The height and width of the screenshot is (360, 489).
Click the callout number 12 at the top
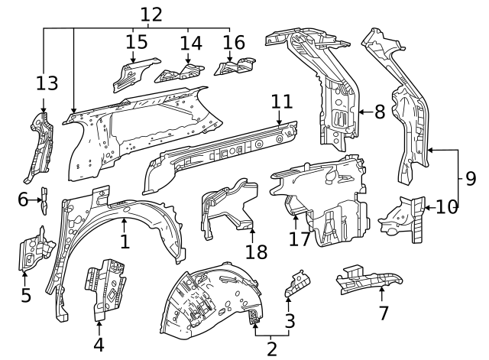[151, 13]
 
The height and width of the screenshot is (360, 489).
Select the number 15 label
[137, 41]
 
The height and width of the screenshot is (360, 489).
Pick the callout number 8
[380, 112]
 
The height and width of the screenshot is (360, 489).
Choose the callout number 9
[471, 179]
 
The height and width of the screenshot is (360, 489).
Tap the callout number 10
[449, 206]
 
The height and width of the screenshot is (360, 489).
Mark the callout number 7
[383, 312]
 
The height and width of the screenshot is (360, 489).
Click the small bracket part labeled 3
[296, 282]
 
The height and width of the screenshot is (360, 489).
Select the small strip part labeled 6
[44, 200]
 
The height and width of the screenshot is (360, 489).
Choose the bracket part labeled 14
[179, 73]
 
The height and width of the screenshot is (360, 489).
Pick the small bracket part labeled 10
[403, 217]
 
